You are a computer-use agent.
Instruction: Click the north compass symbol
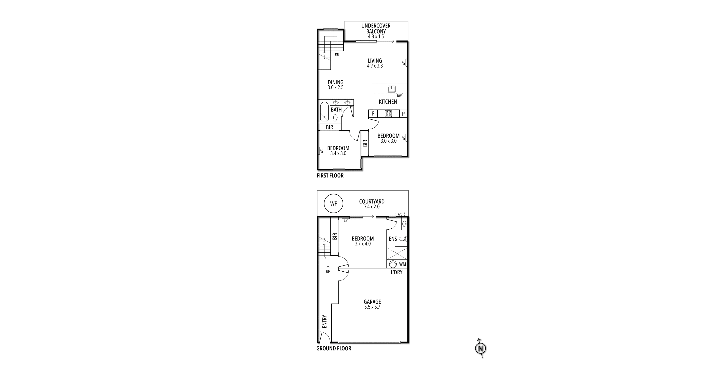click(x=480, y=348)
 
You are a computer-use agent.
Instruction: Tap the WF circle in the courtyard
click(x=333, y=203)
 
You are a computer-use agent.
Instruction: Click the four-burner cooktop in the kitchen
click(x=388, y=114)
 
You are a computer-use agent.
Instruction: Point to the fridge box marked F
click(x=373, y=114)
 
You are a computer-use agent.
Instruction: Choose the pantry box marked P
click(x=403, y=114)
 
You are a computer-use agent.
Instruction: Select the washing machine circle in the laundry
click(x=393, y=264)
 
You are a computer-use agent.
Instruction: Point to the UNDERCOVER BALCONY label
click(x=376, y=29)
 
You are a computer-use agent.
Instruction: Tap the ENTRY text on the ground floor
click(x=324, y=321)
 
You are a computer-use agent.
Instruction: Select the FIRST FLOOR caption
click(x=330, y=176)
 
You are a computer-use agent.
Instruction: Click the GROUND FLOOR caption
click(x=334, y=348)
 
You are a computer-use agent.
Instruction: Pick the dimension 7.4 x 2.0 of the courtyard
click(x=372, y=207)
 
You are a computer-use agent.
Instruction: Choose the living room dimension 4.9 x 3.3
click(x=375, y=66)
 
